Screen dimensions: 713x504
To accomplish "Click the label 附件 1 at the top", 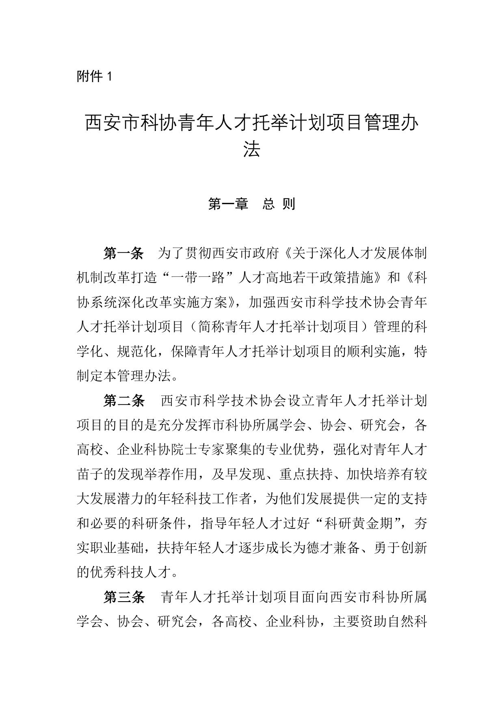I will click(x=94, y=76).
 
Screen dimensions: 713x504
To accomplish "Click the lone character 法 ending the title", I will click(x=251, y=149).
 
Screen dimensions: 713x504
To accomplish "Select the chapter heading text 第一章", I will click(x=228, y=204).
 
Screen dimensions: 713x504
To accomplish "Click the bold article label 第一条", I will click(x=123, y=254).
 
